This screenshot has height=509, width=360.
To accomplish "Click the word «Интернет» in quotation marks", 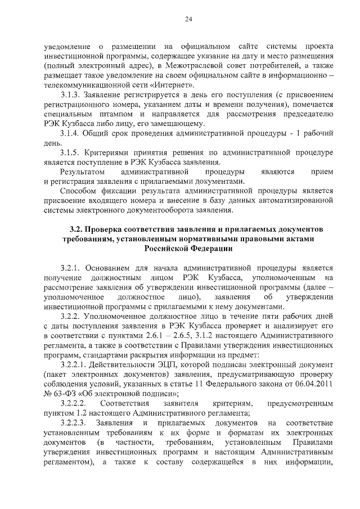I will click(x=175, y=85).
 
